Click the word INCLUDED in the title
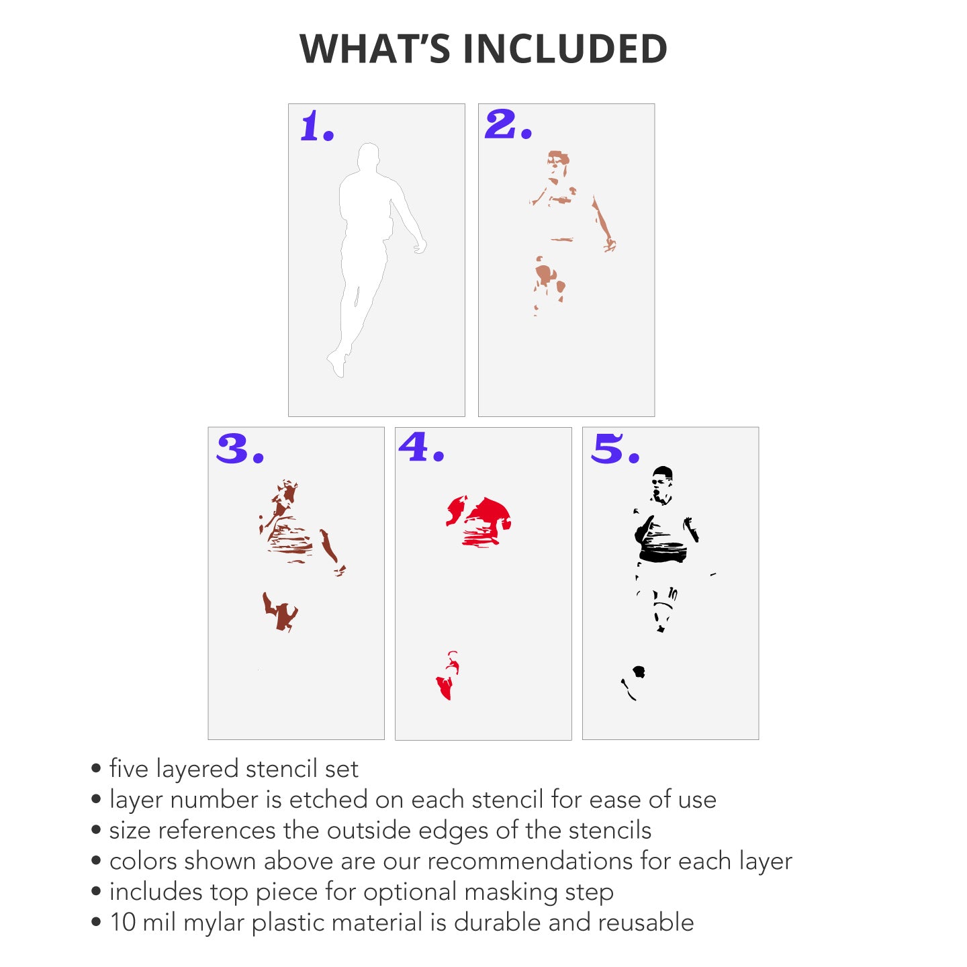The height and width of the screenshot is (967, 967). (x=565, y=48)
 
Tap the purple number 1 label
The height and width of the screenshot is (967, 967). (x=317, y=126)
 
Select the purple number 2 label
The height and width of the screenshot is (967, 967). (x=508, y=124)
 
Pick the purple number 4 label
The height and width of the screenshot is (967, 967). (x=421, y=447)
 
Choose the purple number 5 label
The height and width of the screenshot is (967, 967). (x=615, y=448)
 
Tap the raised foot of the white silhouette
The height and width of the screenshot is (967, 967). (x=336, y=364)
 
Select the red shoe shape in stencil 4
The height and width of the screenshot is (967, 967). (x=446, y=688)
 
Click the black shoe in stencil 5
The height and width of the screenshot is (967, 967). (x=639, y=672)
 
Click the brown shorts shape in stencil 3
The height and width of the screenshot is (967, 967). (x=280, y=612)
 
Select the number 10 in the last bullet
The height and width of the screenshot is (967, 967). (x=123, y=922)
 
